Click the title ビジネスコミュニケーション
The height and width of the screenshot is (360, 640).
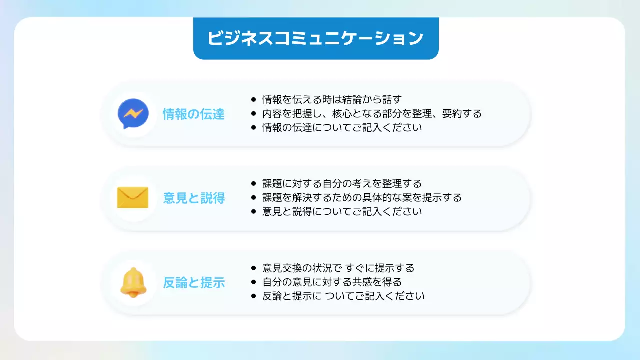coord(315,38)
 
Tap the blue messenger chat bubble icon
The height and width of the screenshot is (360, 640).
coord(133,114)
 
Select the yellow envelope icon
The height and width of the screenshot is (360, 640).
coord(133,198)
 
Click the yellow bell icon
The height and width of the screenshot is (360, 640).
coord(132,282)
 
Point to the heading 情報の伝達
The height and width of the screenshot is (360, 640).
coord(194,114)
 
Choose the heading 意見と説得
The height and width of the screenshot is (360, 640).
coord(194,198)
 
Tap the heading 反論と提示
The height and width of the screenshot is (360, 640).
coord(194,283)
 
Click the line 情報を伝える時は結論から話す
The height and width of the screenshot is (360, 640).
coord(332,99)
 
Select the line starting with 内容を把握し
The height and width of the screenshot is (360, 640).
coord(372,113)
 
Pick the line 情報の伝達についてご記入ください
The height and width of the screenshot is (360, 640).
coord(342,127)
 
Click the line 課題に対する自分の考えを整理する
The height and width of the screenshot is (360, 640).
coord(342,183)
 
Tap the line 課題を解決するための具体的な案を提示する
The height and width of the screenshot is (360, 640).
coord(362,197)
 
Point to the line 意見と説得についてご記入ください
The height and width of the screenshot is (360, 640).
coord(342,211)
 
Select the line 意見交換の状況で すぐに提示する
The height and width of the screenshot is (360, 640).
coord(338,268)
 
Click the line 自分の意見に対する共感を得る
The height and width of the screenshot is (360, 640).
coord(332,282)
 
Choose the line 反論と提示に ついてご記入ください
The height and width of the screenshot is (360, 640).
coord(343,296)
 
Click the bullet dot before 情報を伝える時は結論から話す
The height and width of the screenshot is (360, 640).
coord(254,99)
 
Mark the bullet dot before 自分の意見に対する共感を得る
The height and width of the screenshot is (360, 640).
coord(254,282)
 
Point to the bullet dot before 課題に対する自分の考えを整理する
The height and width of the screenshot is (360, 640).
coord(254,183)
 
